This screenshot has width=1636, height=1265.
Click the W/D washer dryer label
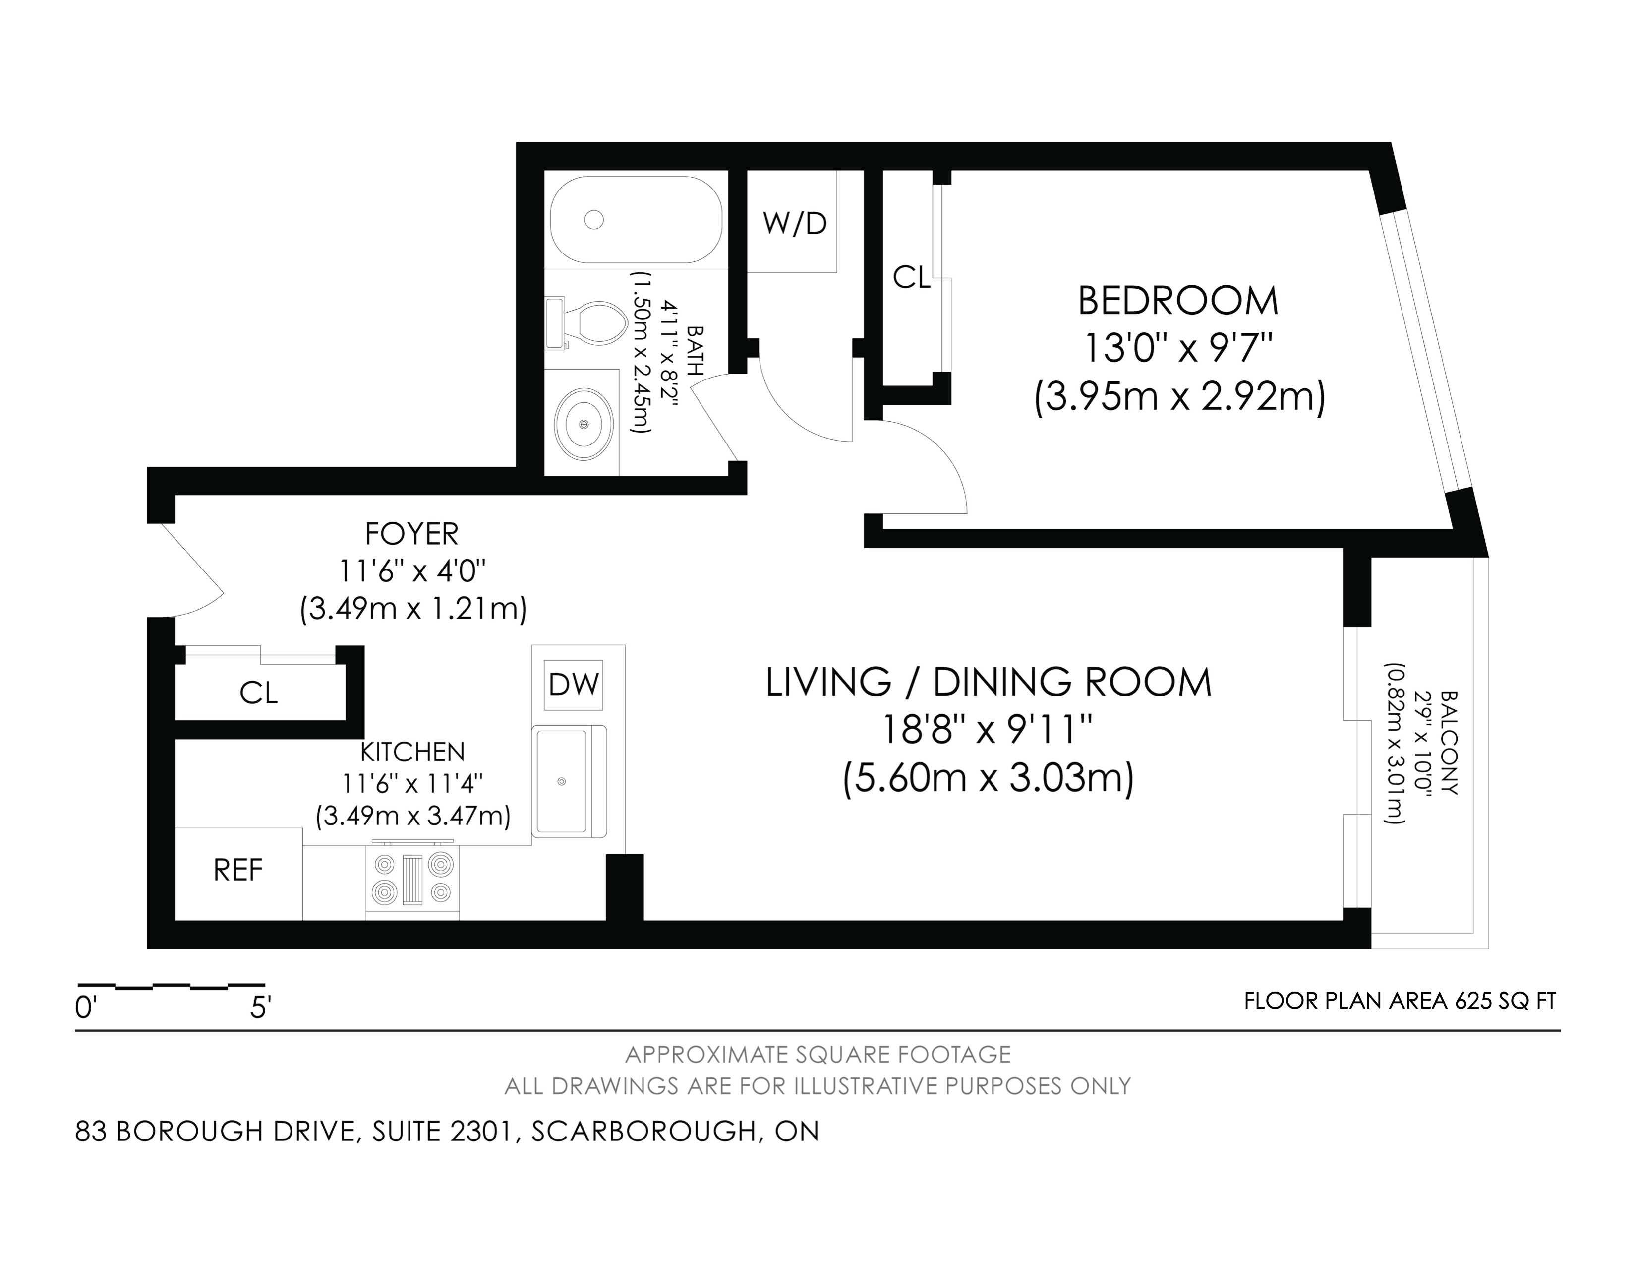pyautogui.click(x=794, y=223)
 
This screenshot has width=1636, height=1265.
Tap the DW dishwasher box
pyautogui.click(x=573, y=684)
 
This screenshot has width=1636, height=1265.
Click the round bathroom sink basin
pyautogui.click(x=584, y=424)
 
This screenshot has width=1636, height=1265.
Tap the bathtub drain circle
pyautogui.click(x=594, y=220)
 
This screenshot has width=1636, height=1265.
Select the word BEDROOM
pyautogui.click(x=1177, y=301)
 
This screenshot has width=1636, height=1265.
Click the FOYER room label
pyautogui.click(x=411, y=534)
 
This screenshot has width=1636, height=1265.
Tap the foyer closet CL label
pyautogui.click(x=258, y=693)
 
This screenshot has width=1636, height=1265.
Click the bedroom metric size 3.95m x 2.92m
pyautogui.click(x=1179, y=396)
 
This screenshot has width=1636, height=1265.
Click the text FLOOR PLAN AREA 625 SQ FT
pyautogui.click(x=1400, y=1001)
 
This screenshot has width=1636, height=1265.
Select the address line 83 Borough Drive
pyautogui.click(x=447, y=1132)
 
